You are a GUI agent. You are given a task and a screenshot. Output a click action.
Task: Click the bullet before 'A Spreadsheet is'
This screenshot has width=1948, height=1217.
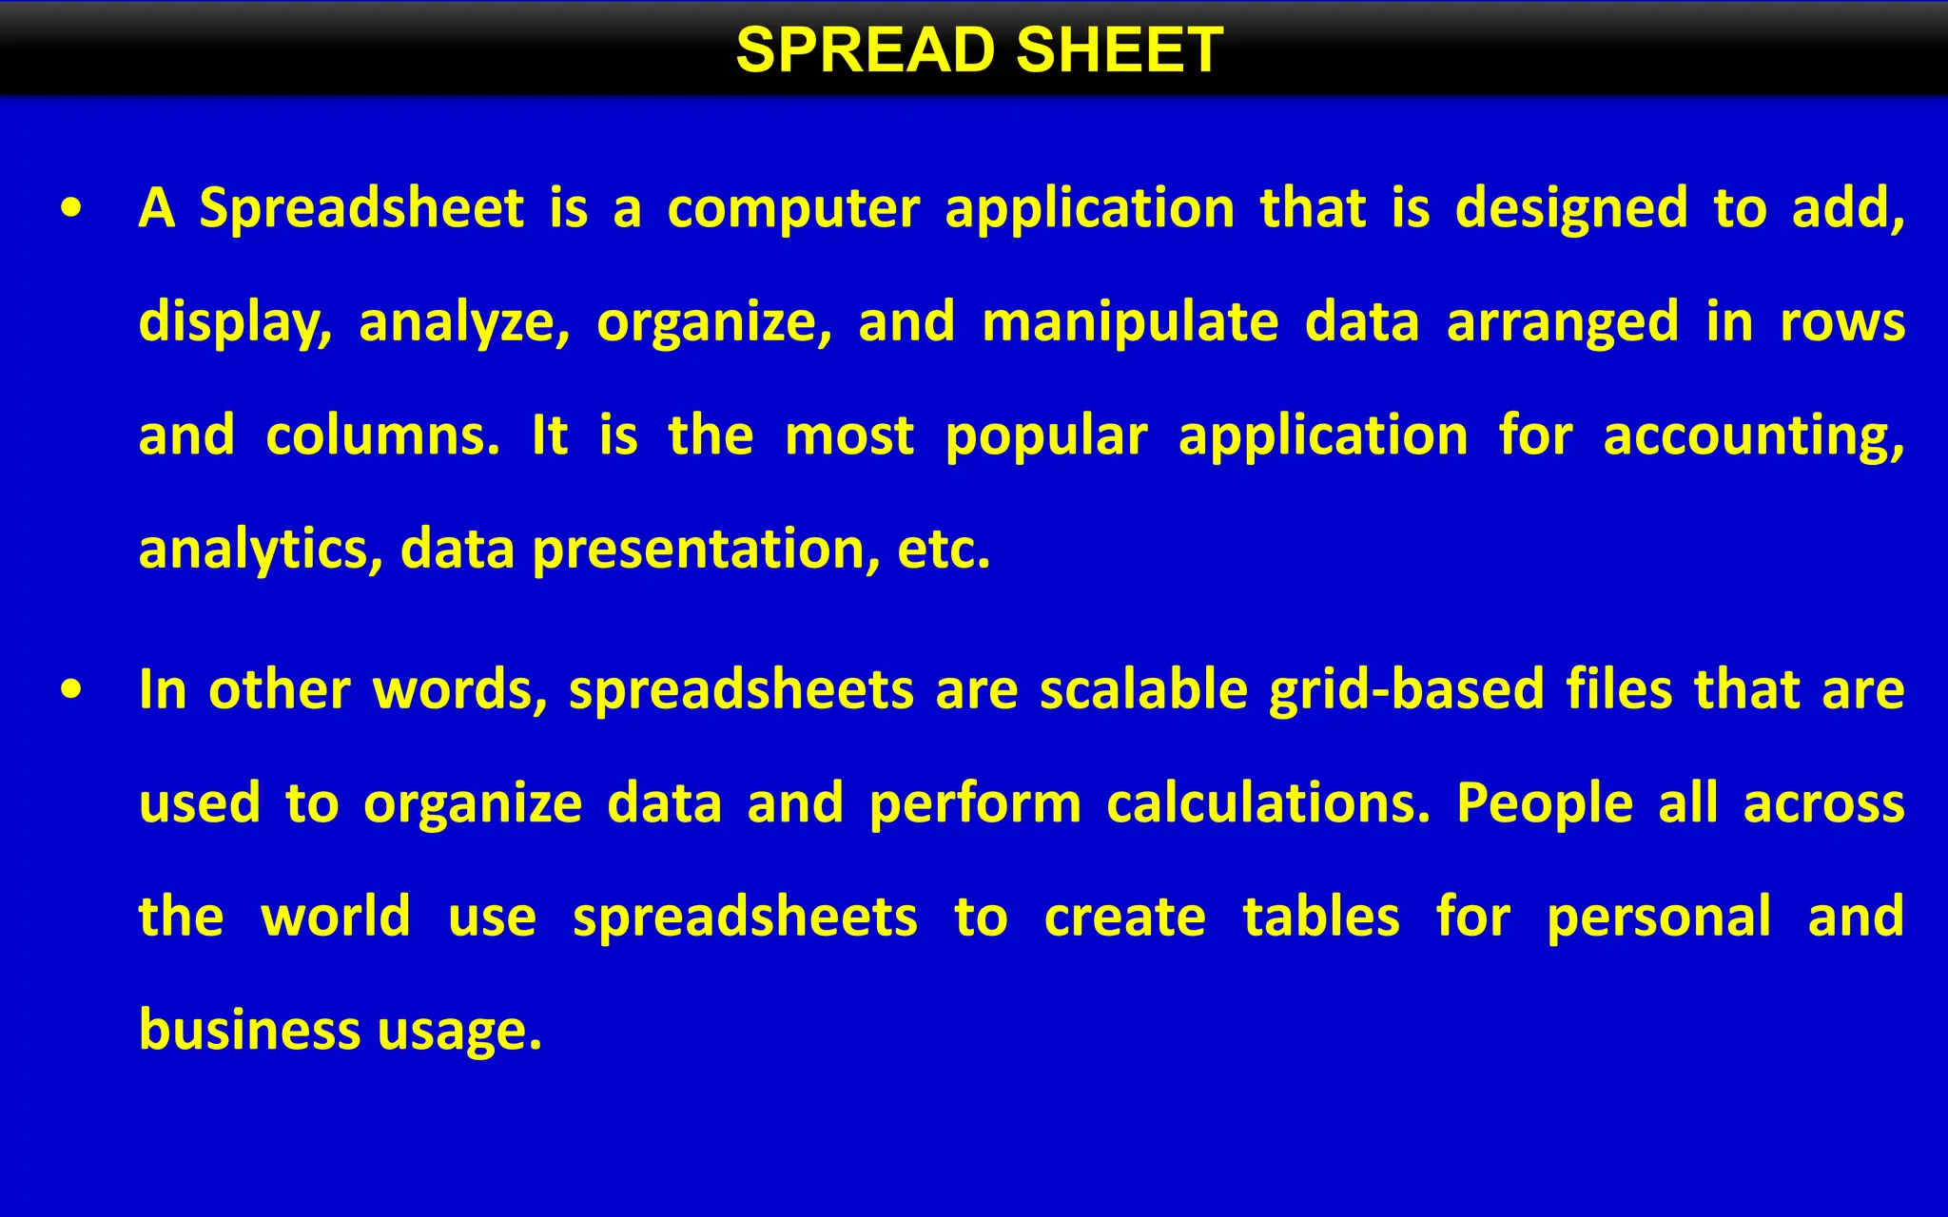[x=71, y=209]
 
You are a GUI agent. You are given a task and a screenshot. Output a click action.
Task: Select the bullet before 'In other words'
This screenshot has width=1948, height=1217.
[x=71, y=690]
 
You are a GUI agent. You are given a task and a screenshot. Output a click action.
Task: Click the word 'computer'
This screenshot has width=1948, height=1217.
[x=793, y=209]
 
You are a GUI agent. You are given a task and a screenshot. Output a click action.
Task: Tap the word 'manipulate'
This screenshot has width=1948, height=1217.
[x=1130, y=322]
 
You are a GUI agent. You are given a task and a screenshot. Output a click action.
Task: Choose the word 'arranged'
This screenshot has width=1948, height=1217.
[x=1563, y=322]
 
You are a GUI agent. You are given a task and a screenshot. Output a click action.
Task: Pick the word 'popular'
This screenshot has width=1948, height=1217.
[x=1046, y=436]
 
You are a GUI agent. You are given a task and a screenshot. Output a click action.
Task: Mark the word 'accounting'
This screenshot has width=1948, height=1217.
[x=1753, y=436]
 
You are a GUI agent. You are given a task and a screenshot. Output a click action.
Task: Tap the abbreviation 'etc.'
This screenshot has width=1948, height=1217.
[x=944, y=550]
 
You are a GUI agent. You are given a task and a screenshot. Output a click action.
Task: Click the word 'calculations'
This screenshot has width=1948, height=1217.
[x=1268, y=803]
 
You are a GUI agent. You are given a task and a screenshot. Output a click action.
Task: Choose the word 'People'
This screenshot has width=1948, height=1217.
[x=1545, y=803]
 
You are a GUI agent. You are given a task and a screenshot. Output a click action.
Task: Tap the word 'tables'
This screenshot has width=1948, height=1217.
[x=1321, y=918]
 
